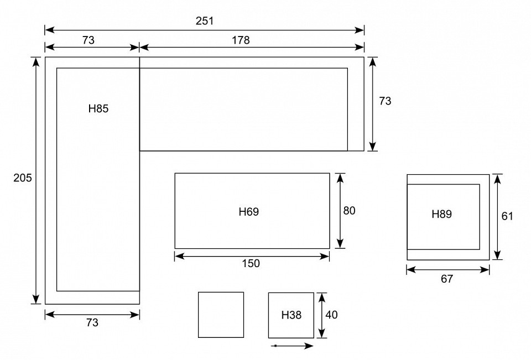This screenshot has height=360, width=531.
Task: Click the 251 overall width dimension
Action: [x=205, y=21]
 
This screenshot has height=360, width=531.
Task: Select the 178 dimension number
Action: [x=241, y=40]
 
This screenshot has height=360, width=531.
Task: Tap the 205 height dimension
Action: [x=22, y=178]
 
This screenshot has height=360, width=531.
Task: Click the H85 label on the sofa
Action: [x=98, y=109]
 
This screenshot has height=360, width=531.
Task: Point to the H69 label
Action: [x=248, y=212]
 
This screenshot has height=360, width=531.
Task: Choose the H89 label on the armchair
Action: [x=441, y=214]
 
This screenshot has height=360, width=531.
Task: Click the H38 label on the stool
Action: [x=291, y=315]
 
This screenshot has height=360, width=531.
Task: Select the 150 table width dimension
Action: [x=251, y=263]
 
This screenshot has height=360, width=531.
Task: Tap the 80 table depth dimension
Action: [x=349, y=211]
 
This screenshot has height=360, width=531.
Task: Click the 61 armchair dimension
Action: [x=507, y=216]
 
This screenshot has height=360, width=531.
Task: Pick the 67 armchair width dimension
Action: [x=447, y=279]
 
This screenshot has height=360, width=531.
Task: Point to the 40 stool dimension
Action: [x=331, y=315]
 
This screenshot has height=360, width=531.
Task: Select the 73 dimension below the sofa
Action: [x=92, y=323]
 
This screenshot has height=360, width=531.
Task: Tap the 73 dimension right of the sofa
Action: [x=385, y=101]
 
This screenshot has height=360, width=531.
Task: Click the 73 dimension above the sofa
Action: [x=88, y=40]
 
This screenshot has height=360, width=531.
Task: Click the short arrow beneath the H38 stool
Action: [x=293, y=346]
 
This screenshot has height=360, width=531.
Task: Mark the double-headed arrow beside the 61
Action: [x=497, y=217]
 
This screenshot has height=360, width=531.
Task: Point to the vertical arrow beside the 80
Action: [x=340, y=211]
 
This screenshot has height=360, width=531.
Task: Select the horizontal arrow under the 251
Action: [x=205, y=30]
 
